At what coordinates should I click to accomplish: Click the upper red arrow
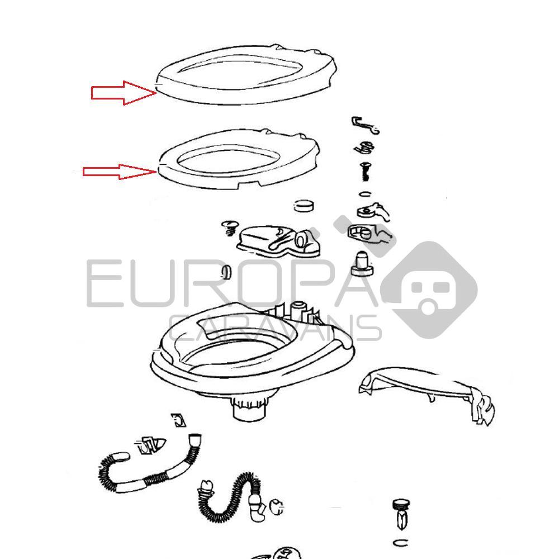[124, 93]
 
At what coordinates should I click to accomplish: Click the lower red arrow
[120, 172]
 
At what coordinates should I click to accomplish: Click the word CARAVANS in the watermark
[274, 328]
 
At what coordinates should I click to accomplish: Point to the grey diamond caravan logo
[429, 290]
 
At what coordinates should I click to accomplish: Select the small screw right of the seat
[364, 172]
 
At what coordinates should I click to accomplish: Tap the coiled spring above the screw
[364, 147]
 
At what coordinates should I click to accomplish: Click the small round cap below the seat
[304, 205]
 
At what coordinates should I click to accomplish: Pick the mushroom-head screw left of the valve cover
[229, 228]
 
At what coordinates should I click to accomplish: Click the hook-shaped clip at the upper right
[364, 125]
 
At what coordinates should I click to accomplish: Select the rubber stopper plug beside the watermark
[362, 264]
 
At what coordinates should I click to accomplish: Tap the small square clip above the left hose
[178, 420]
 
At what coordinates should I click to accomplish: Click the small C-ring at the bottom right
[401, 543]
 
